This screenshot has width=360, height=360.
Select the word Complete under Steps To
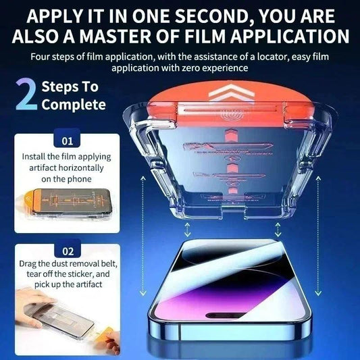[73, 105]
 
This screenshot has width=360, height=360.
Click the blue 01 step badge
[66, 142]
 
